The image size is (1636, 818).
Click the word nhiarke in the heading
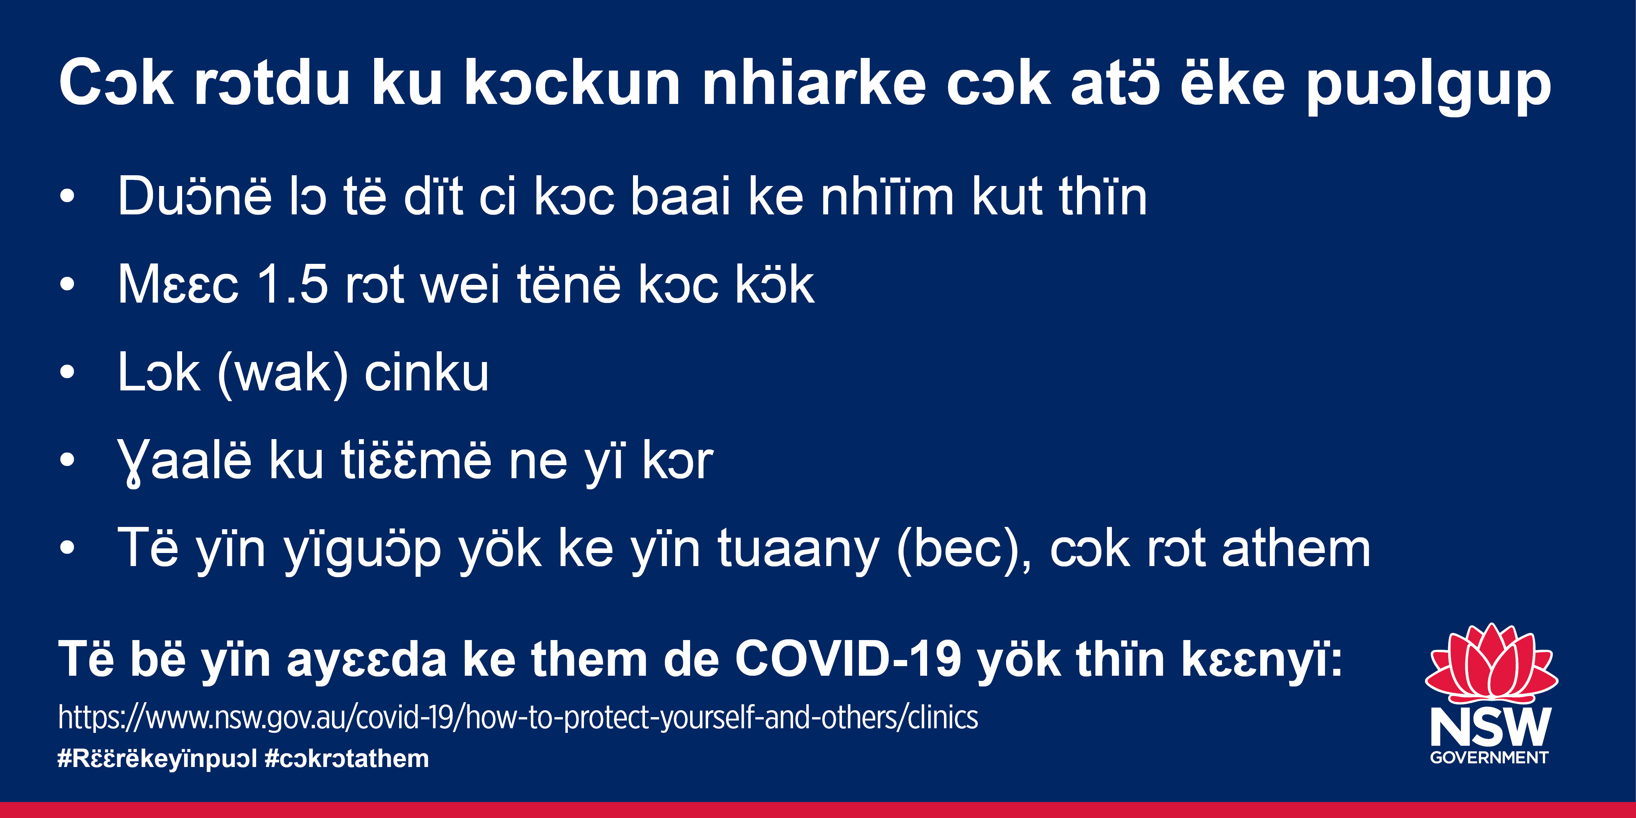click(x=814, y=82)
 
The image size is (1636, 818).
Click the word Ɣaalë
click(x=184, y=462)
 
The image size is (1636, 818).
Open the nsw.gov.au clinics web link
click(x=518, y=718)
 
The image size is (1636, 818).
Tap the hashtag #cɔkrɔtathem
click(x=347, y=758)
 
